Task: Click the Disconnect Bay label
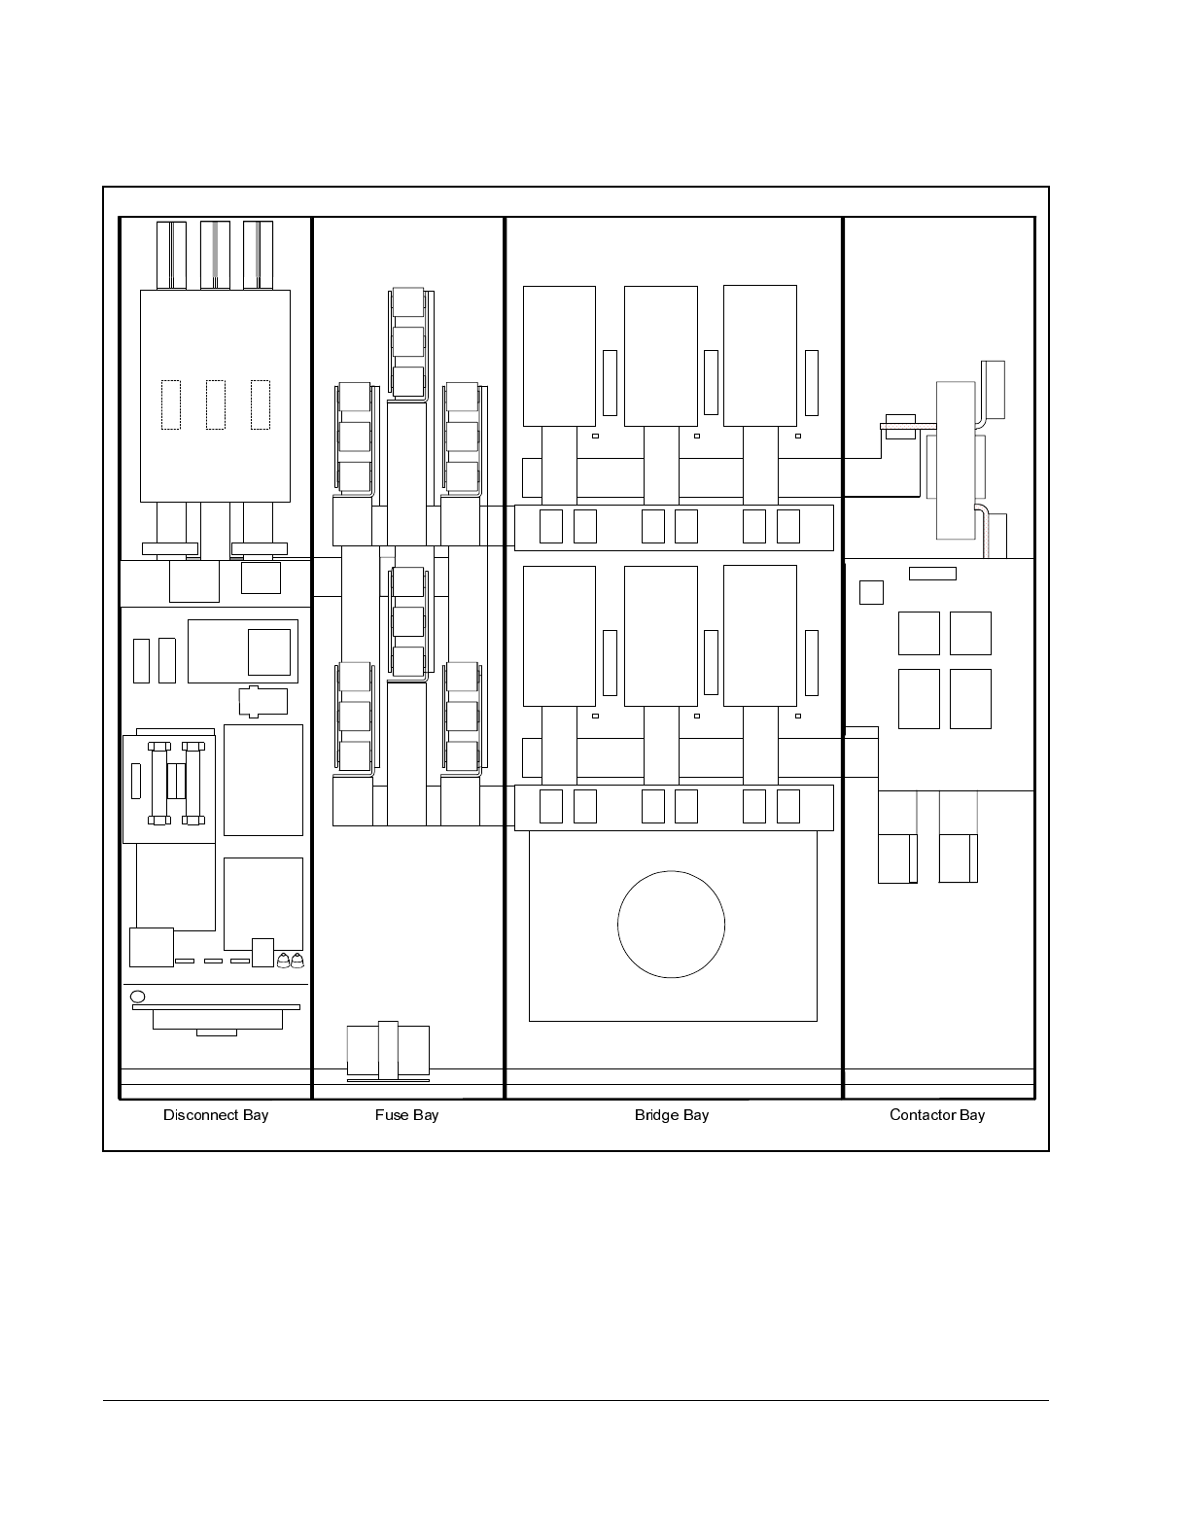click(x=216, y=1115)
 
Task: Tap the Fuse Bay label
click(x=406, y=1115)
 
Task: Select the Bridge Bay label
click(x=671, y=1115)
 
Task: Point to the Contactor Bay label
click(x=936, y=1115)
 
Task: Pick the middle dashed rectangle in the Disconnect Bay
click(x=216, y=404)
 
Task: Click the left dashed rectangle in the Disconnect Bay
click(x=171, y=404)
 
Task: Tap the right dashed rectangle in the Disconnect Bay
click(x=260, y=404)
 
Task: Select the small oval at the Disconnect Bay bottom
click(x=137, y=997)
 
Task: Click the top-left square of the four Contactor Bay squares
click(x=919, y=634)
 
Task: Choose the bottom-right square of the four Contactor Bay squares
click(x=970, y=699)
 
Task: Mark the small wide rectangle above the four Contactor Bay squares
click(x=932, y=574)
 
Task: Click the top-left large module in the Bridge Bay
click(x=559, y=356)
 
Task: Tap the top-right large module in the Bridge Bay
click(x=759, y=356)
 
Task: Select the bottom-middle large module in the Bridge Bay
click(x=660, y=636)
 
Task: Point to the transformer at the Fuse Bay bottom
click(x=388, y=1050)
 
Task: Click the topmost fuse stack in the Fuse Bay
click(x=408, y=341)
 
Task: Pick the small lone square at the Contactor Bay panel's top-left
click(x=871, y=592)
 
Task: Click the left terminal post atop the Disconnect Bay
click(x=171, y=255)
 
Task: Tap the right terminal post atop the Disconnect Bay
click(x=258, y=255)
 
